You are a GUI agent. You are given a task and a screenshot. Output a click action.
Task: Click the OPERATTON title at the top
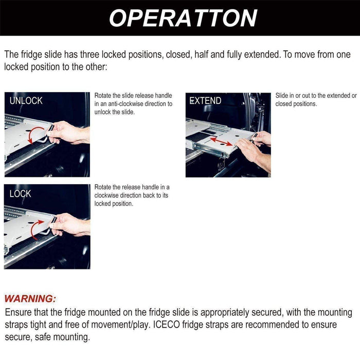pos(183,18)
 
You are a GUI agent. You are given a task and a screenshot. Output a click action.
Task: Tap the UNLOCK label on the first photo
pos(26,101)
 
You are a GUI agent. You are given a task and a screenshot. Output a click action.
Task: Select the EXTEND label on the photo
pos(205,101)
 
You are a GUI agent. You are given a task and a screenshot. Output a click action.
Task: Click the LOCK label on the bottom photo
pos(20,194)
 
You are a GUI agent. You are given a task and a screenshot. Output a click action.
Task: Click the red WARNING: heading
pos(30,299)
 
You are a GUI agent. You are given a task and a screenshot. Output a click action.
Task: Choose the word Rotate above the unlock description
pos(104,96)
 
